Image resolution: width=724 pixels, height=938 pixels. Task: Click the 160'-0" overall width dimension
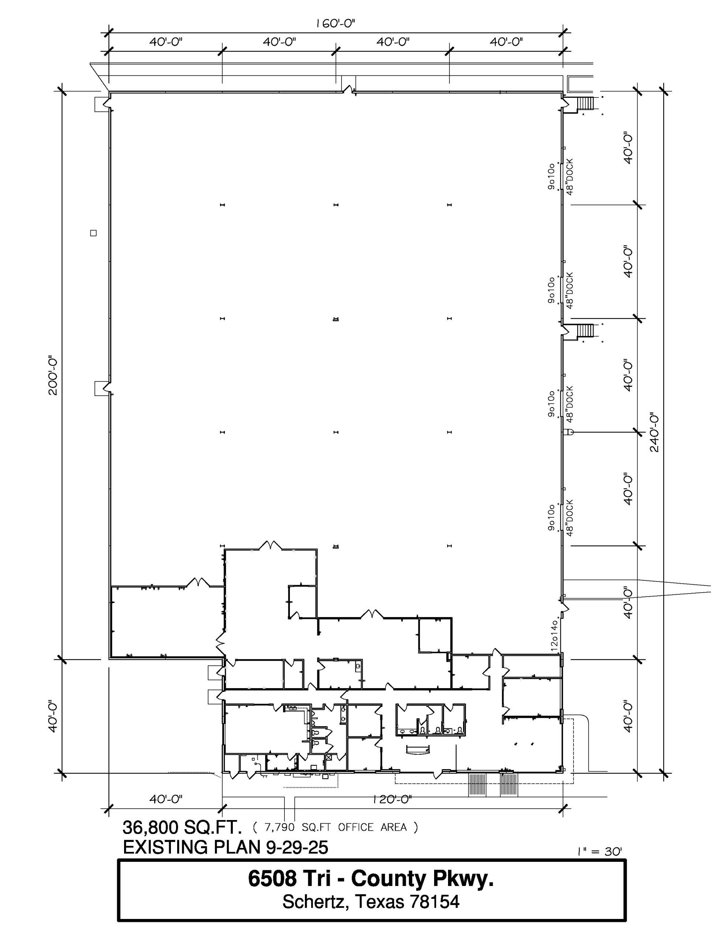point(335,23)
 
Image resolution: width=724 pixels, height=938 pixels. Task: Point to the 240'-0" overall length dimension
point(654,432)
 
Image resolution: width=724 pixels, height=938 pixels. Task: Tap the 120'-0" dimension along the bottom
point(392,799)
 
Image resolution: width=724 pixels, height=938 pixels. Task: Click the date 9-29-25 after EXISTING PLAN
point(297,847)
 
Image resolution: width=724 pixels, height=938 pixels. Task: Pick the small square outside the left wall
point(93,233)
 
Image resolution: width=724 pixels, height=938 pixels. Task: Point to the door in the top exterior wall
point(349,90)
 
